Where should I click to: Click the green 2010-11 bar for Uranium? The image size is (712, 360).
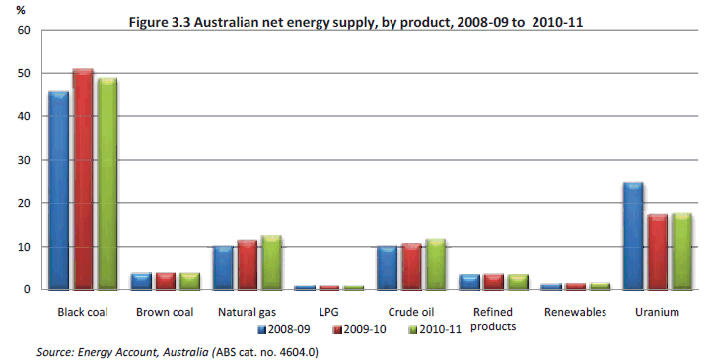click(680, 252)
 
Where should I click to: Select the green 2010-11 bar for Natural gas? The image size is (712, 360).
click(272, 262)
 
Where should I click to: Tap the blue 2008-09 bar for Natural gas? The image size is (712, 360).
click(224, 267)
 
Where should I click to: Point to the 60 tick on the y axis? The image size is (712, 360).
click(24, 30)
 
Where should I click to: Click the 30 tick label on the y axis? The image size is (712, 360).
click(24, 160)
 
